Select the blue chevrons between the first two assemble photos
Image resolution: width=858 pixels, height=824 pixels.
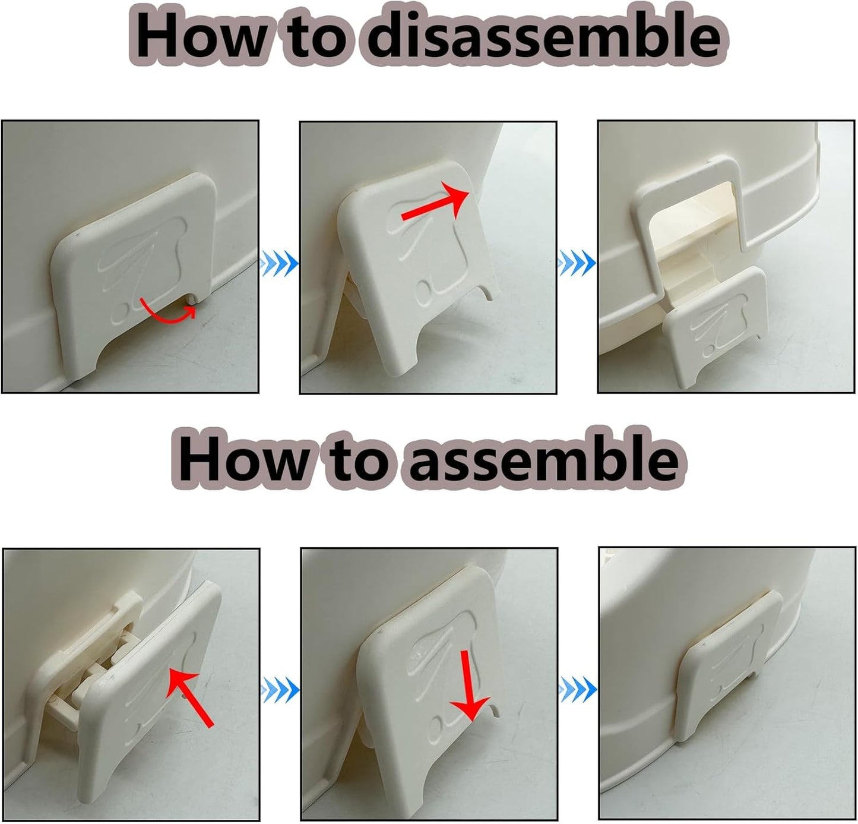coord(280,690)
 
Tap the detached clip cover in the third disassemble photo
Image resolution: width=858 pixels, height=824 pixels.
coord(716,326)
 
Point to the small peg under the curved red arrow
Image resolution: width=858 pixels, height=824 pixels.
coord(192,299)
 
